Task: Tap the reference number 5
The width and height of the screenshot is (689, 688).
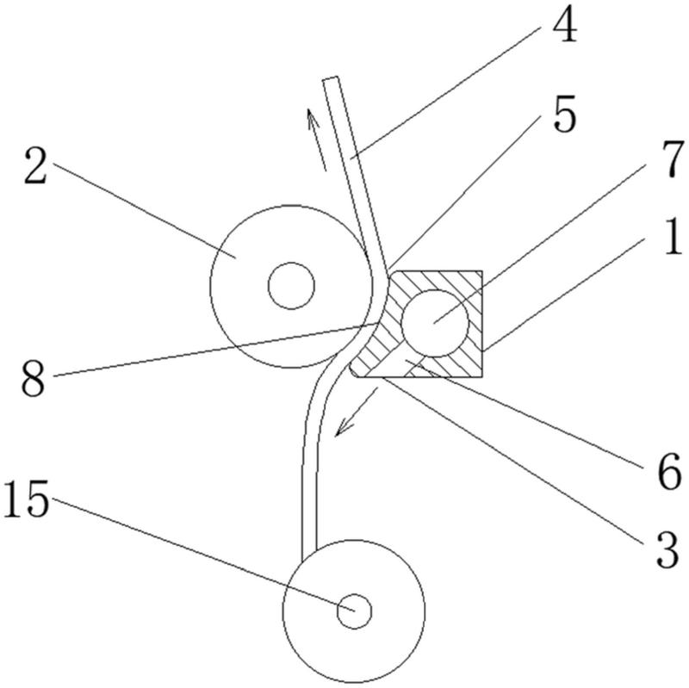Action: pos(565,113)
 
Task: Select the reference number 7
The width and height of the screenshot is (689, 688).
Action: pos(673,159)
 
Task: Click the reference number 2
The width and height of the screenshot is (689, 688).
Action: pos(35,165)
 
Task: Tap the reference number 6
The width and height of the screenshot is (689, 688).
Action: pos(669,472)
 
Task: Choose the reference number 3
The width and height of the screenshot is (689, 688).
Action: pos(668,549)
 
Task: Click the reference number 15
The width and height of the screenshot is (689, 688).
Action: pos(26,499)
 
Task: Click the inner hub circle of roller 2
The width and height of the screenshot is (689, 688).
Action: pos(291,286)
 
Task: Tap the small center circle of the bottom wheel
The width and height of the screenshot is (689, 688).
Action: pos(354,611)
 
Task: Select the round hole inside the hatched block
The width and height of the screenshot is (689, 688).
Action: pos(435,324)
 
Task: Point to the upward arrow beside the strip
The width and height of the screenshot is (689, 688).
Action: pos(316,139)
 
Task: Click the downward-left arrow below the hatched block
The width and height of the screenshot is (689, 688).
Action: pos(357,412)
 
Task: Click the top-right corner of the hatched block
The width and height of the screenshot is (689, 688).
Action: pos(482,271)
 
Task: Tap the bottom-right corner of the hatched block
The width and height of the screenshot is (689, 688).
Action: pos(482,377)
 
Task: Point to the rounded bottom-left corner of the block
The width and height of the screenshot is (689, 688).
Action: pos(353,373)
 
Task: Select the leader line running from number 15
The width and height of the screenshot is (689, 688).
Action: pos(203,554)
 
